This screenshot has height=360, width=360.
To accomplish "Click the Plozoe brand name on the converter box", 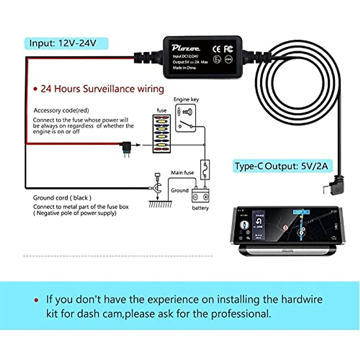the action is [186, 48].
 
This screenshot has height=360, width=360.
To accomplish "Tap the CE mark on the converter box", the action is [216, 49].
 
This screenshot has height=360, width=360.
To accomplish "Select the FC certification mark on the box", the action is [229, 49].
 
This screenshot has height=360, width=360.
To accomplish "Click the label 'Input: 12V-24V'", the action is [63, 43].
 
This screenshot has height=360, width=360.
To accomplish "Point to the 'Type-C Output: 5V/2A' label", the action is [281, 166].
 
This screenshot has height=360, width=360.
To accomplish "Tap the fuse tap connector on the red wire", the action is [127, 148].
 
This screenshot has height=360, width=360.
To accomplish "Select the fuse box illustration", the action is [161, 134].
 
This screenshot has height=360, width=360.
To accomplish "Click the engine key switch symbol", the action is [185, 118].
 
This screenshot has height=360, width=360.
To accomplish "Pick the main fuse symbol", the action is [205, 169].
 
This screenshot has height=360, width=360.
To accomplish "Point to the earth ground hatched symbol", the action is [160, 204].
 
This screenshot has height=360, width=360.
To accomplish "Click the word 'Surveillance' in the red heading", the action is [109, 89].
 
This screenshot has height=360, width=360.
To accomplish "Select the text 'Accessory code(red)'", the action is [61, 110].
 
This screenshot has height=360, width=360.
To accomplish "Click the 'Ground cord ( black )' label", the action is [62, 198].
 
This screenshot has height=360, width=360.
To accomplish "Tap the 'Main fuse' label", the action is [182, 172].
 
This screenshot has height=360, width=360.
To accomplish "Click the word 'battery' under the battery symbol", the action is [200, 208].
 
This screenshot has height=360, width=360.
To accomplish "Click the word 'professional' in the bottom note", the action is [240, 314].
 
